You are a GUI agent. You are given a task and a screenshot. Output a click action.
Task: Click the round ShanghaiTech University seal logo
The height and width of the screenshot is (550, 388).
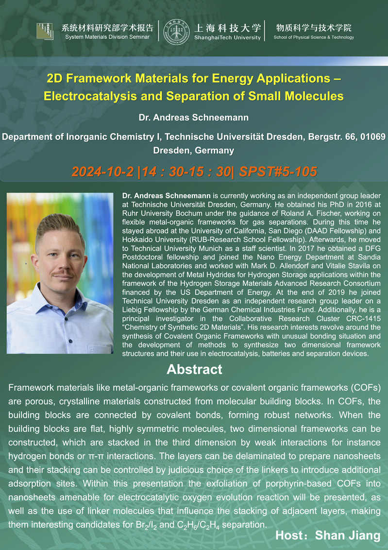[x=177, y=32]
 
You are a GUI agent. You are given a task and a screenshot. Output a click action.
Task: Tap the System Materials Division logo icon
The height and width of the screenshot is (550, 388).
[x=45, y=31]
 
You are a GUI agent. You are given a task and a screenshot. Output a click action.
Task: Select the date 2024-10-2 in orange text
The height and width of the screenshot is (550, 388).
[x=102, y=172]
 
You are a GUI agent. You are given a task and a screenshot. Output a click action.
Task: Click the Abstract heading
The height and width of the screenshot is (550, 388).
[x=194, y=369]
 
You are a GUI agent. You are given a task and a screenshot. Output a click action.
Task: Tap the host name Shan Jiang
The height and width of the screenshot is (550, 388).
[x=348, y=535]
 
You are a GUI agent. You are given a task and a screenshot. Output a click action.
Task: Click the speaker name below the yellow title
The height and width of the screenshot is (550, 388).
[x=194, y=118]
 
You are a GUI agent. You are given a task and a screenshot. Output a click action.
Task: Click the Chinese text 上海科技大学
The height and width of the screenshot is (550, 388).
[x=227, y=28]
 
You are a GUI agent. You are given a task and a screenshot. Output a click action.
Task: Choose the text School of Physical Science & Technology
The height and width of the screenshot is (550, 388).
[x=314, y=37]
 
